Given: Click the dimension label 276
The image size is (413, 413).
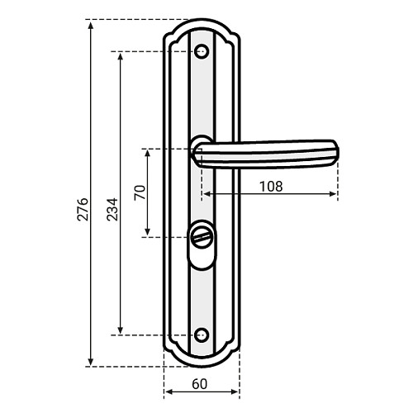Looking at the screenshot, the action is click(83, 209).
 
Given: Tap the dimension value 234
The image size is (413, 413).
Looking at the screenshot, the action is click(112, 209).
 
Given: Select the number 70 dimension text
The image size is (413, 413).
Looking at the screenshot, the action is click(140, 192).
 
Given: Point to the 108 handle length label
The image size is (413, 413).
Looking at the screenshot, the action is click(271, 187).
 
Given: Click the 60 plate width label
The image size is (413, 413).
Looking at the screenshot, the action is click(200, 384).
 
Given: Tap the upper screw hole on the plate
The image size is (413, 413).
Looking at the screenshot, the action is click(202, 51).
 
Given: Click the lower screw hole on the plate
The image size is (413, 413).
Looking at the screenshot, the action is click(202, 335).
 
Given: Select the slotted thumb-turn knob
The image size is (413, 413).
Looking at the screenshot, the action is click(202, 236).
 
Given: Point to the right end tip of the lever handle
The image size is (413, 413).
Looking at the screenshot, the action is click(339, 152).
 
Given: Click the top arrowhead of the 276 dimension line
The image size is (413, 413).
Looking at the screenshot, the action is click(91, 24).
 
